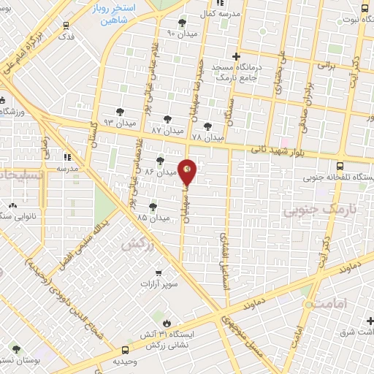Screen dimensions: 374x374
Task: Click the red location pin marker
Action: point(188,172)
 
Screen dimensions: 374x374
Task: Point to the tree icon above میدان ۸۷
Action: point(169,118)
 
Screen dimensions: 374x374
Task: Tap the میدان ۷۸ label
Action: point(206,137)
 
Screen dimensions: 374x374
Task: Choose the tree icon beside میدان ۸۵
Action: point(153,207)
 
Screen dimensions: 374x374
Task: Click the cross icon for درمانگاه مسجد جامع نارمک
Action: point(236,56)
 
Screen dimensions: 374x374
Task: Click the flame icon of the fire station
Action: point(167,322)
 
